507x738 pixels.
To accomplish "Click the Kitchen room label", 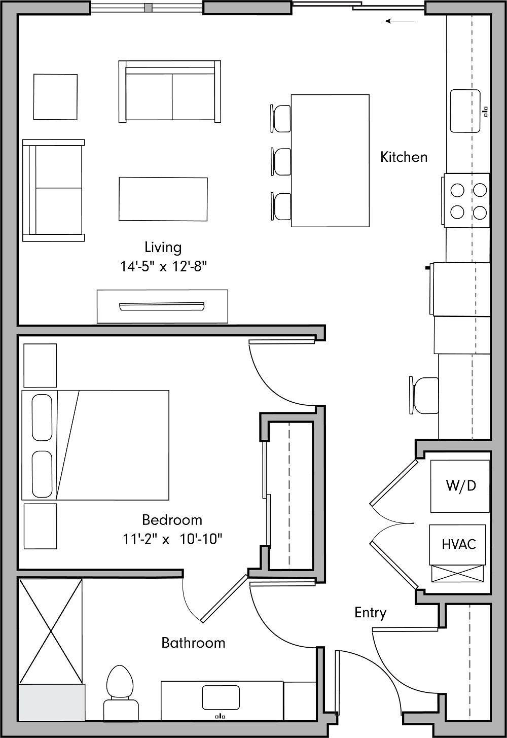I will pyautogui.click(x=404, y=157).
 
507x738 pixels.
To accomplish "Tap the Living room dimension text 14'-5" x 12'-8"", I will pyautogui.click(x=163, y=266).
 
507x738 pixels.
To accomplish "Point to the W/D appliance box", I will pyautogui.click(x=460, y=486).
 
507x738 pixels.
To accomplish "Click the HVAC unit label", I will pyautogui.click(x=458, y=544).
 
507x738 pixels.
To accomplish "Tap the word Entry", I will pyautogui.click(x=370, y=613).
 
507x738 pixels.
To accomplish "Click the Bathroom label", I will pyautogui.click(x=193, y=643).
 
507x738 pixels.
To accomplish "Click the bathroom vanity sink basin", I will pyautogui.click(x=221, y=697).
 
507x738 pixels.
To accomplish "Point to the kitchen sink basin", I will pyautogui.click(x=465, y=111).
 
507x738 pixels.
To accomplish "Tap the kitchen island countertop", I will pyautogui.click(x=330, y=160).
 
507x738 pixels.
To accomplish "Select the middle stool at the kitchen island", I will pyautogui.click(x=281, y=161).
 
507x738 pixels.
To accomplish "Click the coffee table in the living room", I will pyautogui.click(x=163, y=199).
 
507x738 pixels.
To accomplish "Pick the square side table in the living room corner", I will pyautogui.click(x=55, y=97).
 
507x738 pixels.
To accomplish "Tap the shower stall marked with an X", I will pyautogui.click(x=50, y=631).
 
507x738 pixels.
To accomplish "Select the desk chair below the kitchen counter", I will pyautogui.click(x=424, y=395).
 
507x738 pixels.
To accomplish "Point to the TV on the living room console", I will pyautogui.click(x=162, y=306).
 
